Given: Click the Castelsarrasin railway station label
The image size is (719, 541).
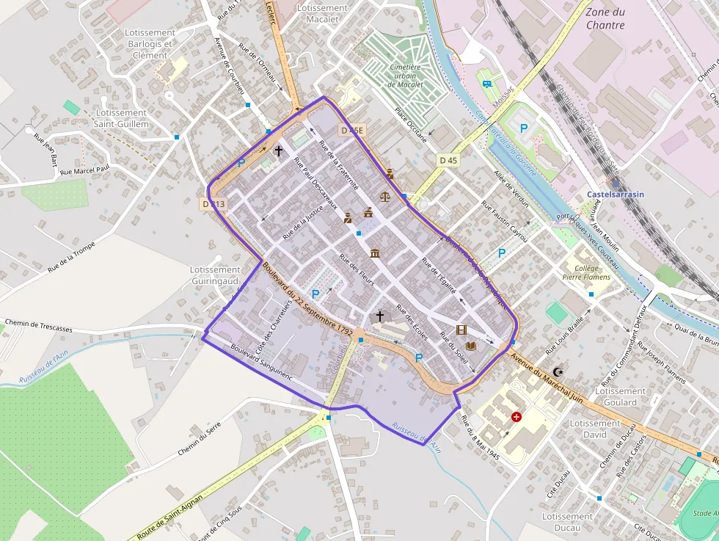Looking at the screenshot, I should (x=616, y=195).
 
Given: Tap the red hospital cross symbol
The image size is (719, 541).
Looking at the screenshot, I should (x=517, y=417).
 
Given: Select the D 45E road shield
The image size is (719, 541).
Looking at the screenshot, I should (x=352, y=130).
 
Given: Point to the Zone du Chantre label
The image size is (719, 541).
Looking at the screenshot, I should (x=605, y=18).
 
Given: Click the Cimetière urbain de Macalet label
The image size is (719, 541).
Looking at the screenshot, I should (x=406, y=76).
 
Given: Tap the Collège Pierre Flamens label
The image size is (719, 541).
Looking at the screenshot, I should (x=582, y=273).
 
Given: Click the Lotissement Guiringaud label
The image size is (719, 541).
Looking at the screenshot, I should (x=215, y=275).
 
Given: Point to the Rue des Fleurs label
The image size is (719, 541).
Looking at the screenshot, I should (x=357, y=271).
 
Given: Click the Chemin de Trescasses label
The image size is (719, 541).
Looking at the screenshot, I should (x=39, y=325).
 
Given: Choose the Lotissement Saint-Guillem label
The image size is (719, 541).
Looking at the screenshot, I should (x=121, y=118).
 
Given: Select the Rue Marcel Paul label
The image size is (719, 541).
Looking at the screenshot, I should (x=84, y=170).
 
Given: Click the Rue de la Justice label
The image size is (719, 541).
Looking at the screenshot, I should (x=303, y=223).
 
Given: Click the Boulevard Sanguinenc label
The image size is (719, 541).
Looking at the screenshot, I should (x=261, y=362).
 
